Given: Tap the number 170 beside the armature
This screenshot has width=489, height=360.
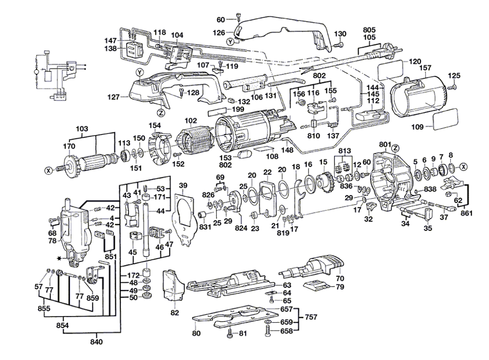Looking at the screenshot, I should [69, 146].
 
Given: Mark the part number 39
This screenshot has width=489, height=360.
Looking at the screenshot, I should [183, 185].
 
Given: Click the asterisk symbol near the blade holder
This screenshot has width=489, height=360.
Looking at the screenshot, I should [59, 257].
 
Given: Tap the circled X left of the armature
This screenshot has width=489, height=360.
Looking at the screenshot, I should [47, 171].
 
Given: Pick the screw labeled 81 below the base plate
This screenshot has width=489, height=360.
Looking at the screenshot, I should [230, 333].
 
